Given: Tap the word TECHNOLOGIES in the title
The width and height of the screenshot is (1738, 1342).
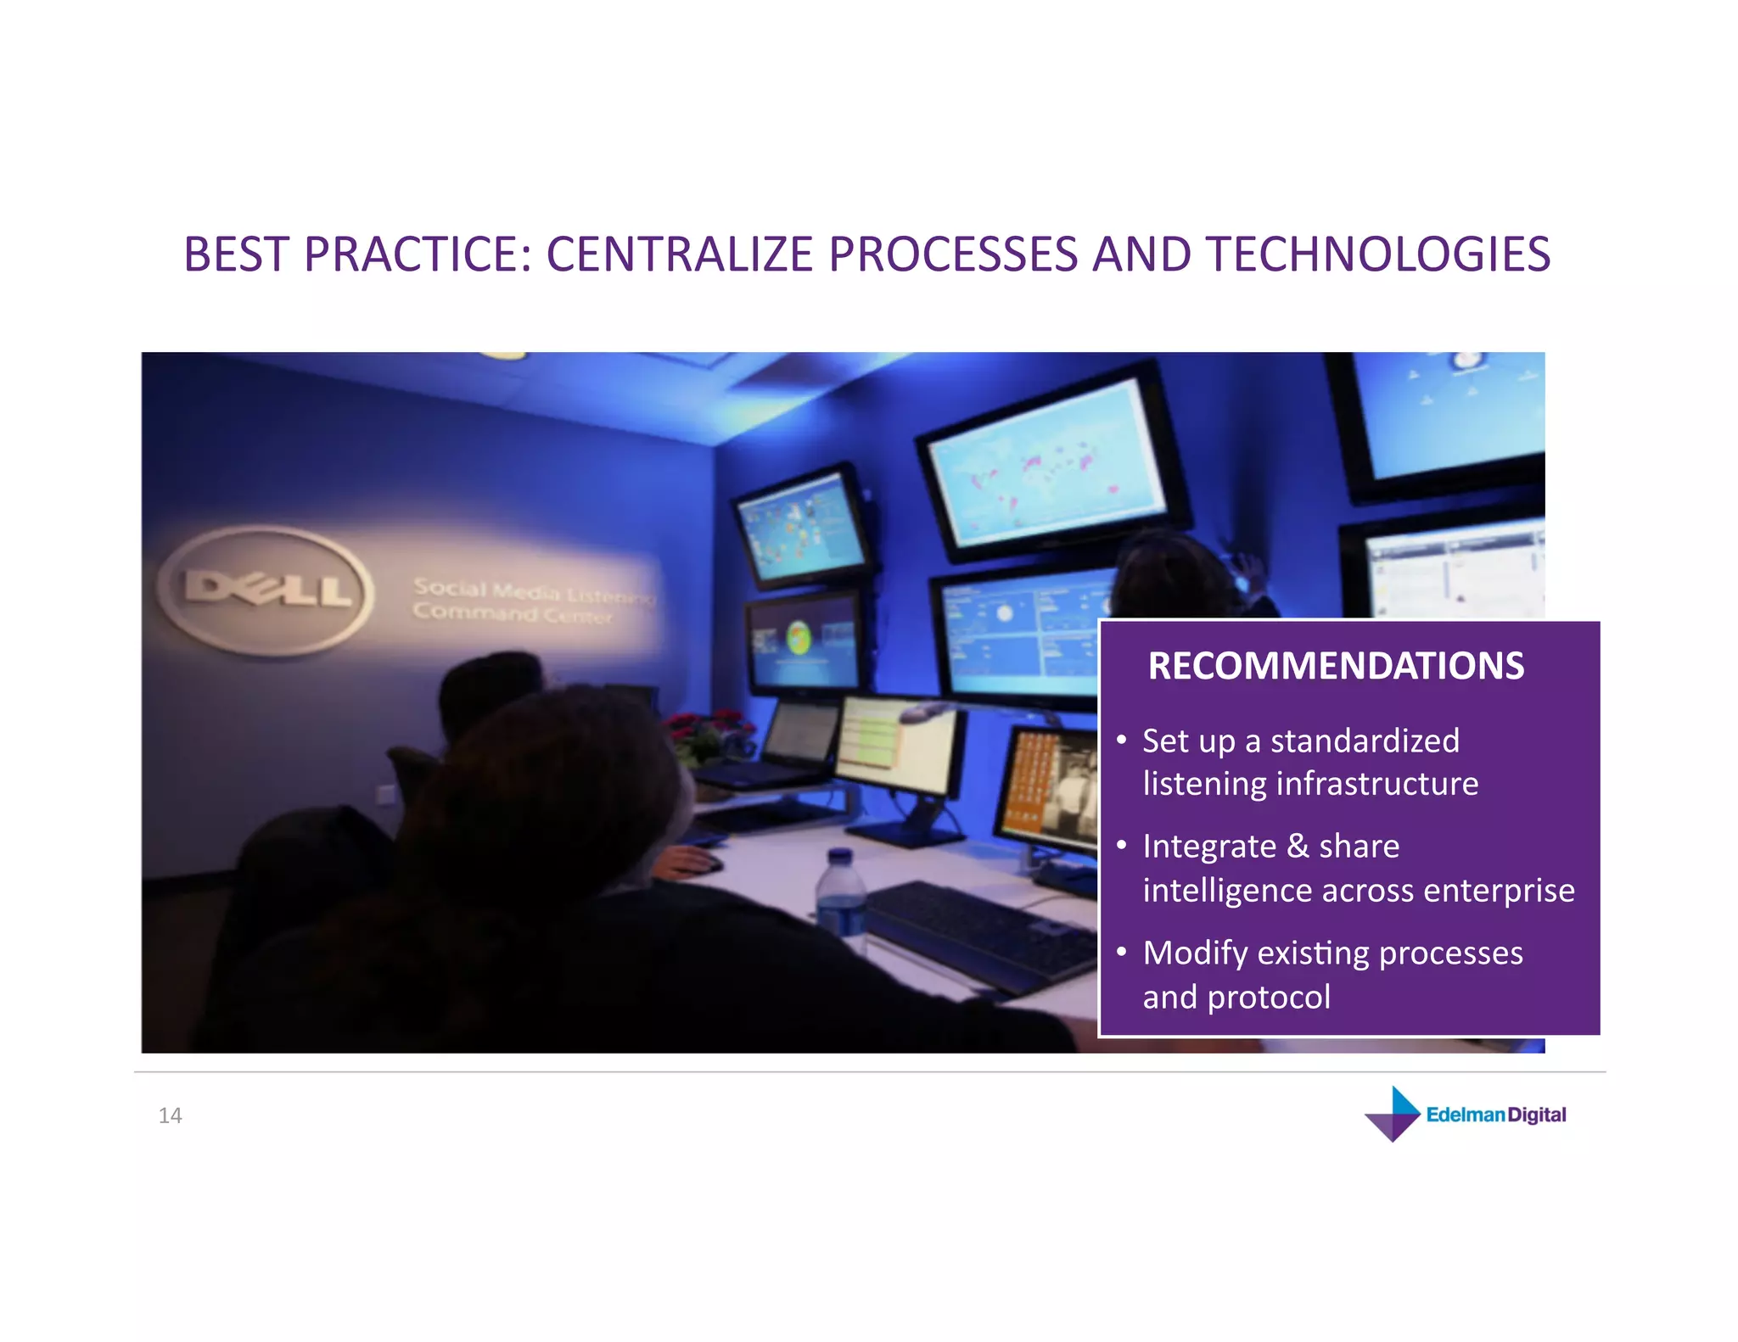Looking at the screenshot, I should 1378,254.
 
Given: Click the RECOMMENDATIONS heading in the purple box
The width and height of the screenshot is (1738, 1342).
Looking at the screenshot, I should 1335,666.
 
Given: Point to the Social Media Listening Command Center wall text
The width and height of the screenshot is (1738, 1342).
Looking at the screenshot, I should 532,601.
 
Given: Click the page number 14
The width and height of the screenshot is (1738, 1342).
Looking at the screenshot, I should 170,1116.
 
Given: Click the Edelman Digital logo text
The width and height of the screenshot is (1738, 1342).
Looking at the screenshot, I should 1495,1115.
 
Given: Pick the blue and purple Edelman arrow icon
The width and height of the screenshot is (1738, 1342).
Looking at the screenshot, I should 1393,1114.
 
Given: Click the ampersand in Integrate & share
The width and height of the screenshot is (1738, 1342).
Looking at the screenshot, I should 1297,847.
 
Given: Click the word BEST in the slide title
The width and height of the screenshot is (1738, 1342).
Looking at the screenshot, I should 237,254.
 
